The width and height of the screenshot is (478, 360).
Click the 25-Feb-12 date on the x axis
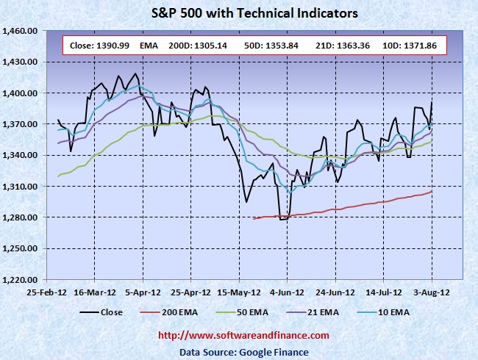pos(47,292)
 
